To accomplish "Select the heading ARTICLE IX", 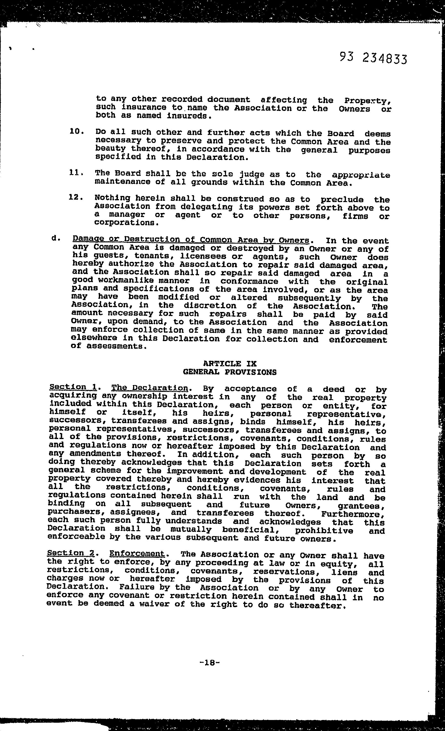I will click(230, 364).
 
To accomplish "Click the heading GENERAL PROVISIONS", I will click(230, 372).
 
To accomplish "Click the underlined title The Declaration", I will click(150, 388).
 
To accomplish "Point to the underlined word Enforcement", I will click(137, 554).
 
